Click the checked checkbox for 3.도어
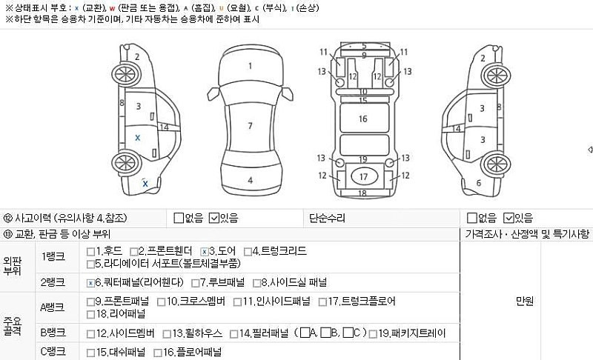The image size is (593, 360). pos(205,251)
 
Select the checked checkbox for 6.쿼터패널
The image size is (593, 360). pos(90,282)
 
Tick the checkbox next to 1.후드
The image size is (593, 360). pos(90,251)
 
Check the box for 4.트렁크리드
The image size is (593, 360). pos(248,251)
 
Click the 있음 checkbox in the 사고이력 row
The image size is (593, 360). pos(214,218)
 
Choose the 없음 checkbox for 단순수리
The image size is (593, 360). pos(471,218)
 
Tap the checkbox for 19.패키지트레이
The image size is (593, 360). pos(373,333)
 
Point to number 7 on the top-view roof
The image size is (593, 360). pos(250,125)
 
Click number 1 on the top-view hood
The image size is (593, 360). pos(250,66)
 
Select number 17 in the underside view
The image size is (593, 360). pos(363,177)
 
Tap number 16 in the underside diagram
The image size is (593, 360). pos(363,119)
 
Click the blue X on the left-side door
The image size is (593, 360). pos(137,138)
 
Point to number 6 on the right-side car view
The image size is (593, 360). pos(478,182)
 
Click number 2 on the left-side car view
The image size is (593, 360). pos(136,56)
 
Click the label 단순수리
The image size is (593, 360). pos(327,218)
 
